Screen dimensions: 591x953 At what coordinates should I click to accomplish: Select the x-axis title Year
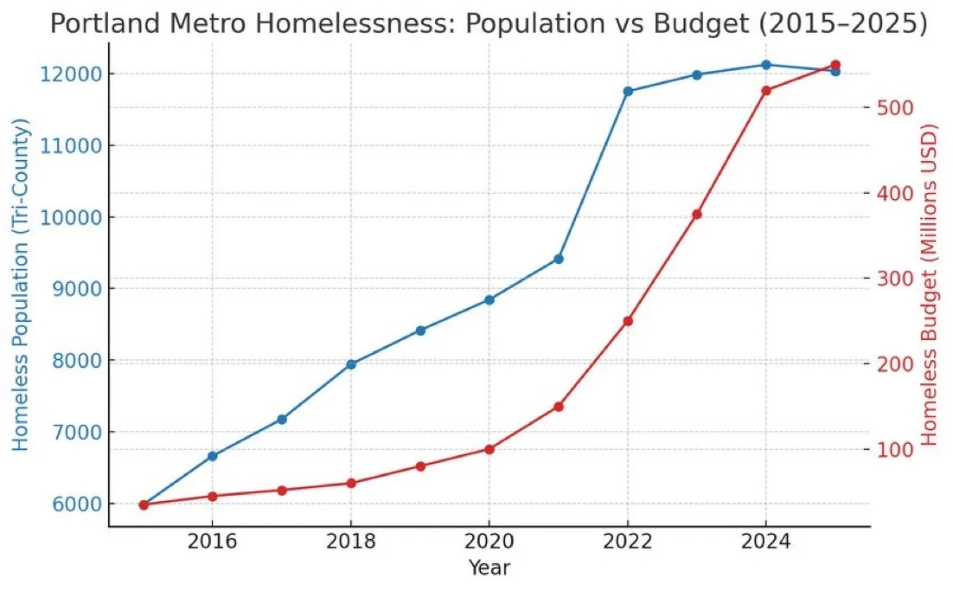pyautogui.click(x=489, y=568)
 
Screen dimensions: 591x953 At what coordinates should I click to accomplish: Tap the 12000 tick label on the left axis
pyautogui.click(x=66, y=74)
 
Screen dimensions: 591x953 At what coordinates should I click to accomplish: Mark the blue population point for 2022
pyautogui.click(x=628, y=91)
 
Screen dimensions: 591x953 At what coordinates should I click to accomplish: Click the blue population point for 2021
pyautogui.click(x=559, y=259)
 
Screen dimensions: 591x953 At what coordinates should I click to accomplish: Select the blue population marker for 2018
pyautogui.click(x=351, y=364)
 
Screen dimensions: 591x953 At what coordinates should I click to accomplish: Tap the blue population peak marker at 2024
pyautogui.click(x=766, y=65)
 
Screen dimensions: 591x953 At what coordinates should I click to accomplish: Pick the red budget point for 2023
pyautogui.click(x=697, y=215)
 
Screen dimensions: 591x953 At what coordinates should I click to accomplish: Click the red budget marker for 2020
pyautogui.click(x=489, y=449)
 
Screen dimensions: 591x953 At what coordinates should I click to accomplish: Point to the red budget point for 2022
pyautogui.click(x=628, y=321)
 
